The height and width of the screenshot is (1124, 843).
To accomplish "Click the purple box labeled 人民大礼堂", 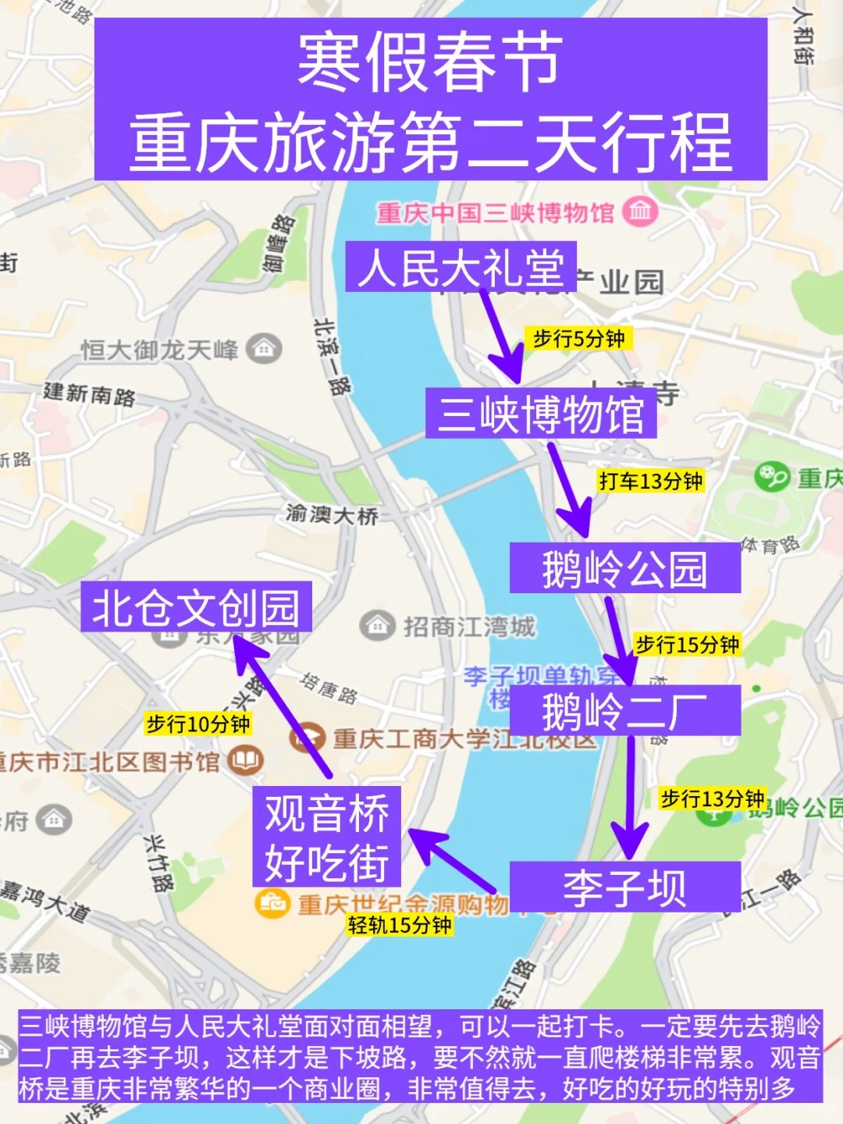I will point(461,267).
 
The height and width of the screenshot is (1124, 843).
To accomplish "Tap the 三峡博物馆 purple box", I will point(540,413).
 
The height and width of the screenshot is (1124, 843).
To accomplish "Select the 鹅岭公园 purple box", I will point(624,567).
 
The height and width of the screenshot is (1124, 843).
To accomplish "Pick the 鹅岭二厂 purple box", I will point(624,710).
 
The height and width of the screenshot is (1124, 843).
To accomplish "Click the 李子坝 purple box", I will point(624,887).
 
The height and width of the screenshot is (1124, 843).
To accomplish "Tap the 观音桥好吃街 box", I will point(326,836).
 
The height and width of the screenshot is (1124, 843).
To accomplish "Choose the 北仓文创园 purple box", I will point(196,606).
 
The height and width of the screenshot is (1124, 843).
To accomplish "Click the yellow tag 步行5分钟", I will point(578,339).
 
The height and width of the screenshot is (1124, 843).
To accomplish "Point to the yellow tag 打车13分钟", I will point(651,481).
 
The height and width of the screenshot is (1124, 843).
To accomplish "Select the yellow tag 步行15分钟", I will point(687,645).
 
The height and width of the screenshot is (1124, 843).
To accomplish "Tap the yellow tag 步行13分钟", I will point(712,799).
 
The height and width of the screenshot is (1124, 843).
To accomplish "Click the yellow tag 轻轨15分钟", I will point(400,925).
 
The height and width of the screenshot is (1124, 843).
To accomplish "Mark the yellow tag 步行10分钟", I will point(198,724).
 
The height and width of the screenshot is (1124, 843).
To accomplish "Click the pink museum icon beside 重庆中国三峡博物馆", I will point(641,212).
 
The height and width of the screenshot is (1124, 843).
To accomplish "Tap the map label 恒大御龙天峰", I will point(160,350).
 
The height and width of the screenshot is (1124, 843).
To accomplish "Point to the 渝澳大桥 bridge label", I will point(332,514).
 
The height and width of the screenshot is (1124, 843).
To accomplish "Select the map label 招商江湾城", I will point(468,627).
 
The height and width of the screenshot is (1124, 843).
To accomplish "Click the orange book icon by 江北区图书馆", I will point(246,759).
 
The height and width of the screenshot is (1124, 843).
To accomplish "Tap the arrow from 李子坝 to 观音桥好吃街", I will point(453,862).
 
